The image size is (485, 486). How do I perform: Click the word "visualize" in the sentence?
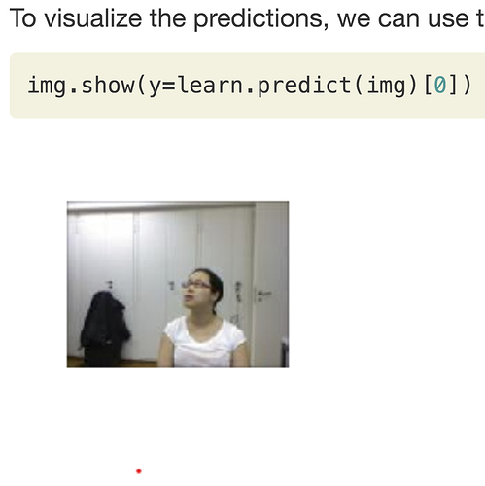click(x=92, y=18)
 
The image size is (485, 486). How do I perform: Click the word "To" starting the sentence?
click(x=22, y=18)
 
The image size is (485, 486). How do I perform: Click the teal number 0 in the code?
click(x=440, y=86)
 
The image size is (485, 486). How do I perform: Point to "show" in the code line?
click(x=108, y=86)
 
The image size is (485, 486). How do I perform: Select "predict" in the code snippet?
click(x=304, y=86)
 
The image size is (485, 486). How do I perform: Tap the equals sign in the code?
click(x=168, y=87)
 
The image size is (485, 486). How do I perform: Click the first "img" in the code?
click(x=47, y=86)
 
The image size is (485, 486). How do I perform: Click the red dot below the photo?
click(x=139, y=471)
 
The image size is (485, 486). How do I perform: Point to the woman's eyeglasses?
click(x=197, y=285)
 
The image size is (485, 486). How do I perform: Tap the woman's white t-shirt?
click(x=204, y=342)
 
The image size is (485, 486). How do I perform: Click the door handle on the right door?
click(x=264, y=294)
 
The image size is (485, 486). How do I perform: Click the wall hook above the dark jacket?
click(x=110, y=284)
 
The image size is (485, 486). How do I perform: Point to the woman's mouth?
click(x=189, y=297)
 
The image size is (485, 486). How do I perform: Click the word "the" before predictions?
click(x=167, y=18)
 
